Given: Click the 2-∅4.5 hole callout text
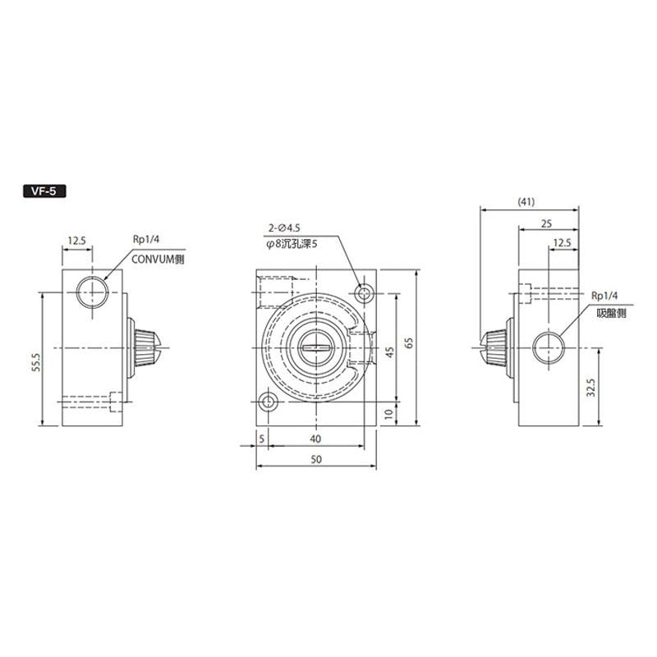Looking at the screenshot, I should pos(285,227).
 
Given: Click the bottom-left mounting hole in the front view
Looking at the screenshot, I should pos(268,402).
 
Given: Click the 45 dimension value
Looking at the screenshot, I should pos(391,351).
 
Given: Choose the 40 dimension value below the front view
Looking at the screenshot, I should pos(316,440).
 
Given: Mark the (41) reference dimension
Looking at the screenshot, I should pos(527,201).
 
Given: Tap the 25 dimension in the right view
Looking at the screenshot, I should pos(547,223).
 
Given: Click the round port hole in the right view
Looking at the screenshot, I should pos(547,347).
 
